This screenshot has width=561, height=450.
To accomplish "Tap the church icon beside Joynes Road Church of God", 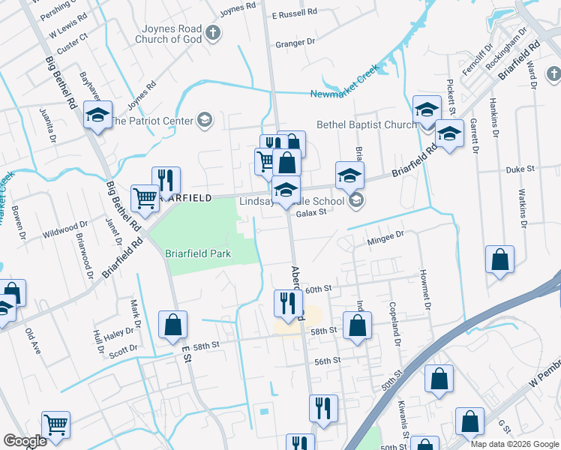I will [214, 33].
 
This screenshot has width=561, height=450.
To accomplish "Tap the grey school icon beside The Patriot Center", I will [204, 119].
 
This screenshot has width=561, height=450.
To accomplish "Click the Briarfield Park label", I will [198, 253].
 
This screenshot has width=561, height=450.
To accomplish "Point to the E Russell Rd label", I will [295, 13].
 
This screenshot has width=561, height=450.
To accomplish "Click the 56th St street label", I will [328, 361].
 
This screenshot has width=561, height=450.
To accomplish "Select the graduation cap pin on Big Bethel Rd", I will [97, 115].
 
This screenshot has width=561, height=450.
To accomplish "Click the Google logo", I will [25, 441].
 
